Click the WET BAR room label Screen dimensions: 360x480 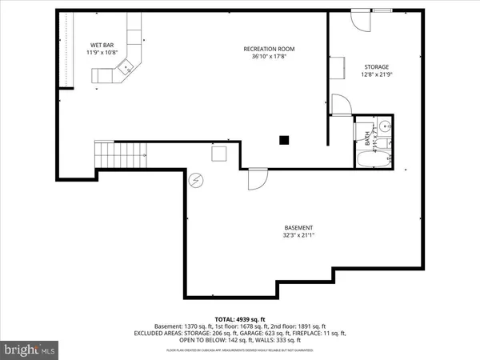coord(102,45)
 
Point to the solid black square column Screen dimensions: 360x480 coord(283,141)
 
